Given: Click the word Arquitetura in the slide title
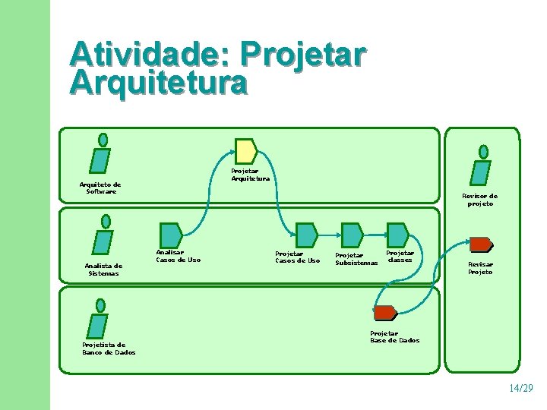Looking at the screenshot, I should point(158,83).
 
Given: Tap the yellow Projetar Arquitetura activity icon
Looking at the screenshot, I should point(245,151).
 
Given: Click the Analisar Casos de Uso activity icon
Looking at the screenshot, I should point(170,235).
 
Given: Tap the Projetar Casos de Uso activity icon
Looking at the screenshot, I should point(306,235).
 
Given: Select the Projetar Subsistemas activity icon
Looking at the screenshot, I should point(352,235).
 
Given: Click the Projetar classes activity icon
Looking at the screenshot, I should point(397,235).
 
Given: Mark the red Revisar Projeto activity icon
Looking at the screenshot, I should point(480,244).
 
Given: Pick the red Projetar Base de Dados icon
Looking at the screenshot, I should point(385,313).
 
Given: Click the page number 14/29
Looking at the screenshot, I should point(521,388).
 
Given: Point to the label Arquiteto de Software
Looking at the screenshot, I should point(100,188).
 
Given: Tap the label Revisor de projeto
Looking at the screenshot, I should point(480,200).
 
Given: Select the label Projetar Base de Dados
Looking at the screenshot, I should point(394,337).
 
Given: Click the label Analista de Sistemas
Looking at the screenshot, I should point(103,270).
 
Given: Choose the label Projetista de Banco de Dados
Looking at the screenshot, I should point(109,348).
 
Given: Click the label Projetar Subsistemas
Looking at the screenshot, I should point(356,259).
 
